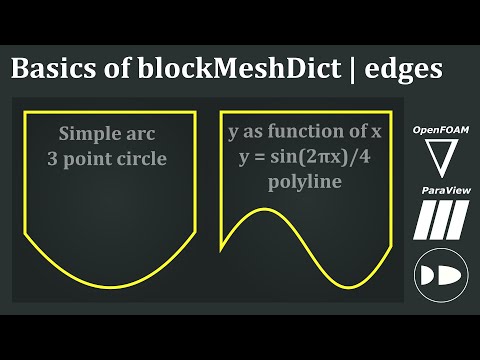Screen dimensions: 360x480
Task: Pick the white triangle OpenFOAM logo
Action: tap(437, 157)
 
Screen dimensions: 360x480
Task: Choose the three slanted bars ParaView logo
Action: tap(437, 218)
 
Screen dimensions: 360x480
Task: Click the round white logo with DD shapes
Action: tap(437, 274)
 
